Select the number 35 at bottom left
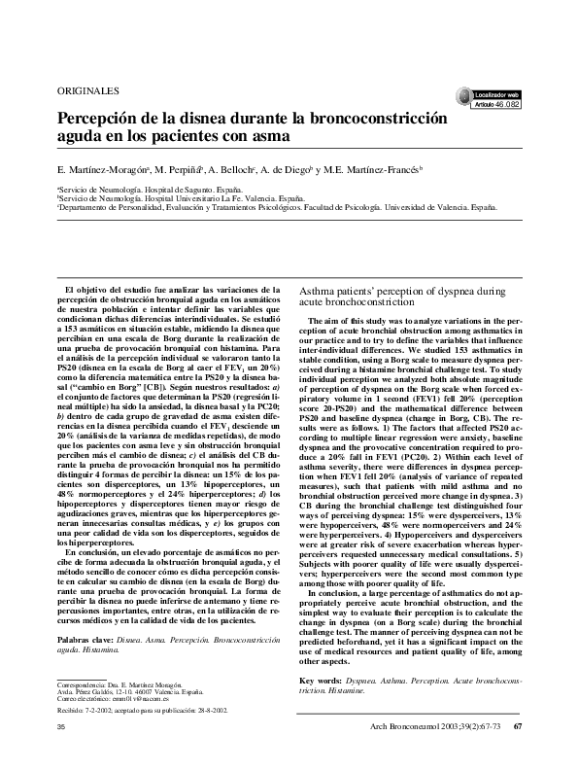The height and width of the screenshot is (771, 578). [x=60, y=729]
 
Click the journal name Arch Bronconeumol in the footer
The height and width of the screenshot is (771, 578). [x=401, y=729]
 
